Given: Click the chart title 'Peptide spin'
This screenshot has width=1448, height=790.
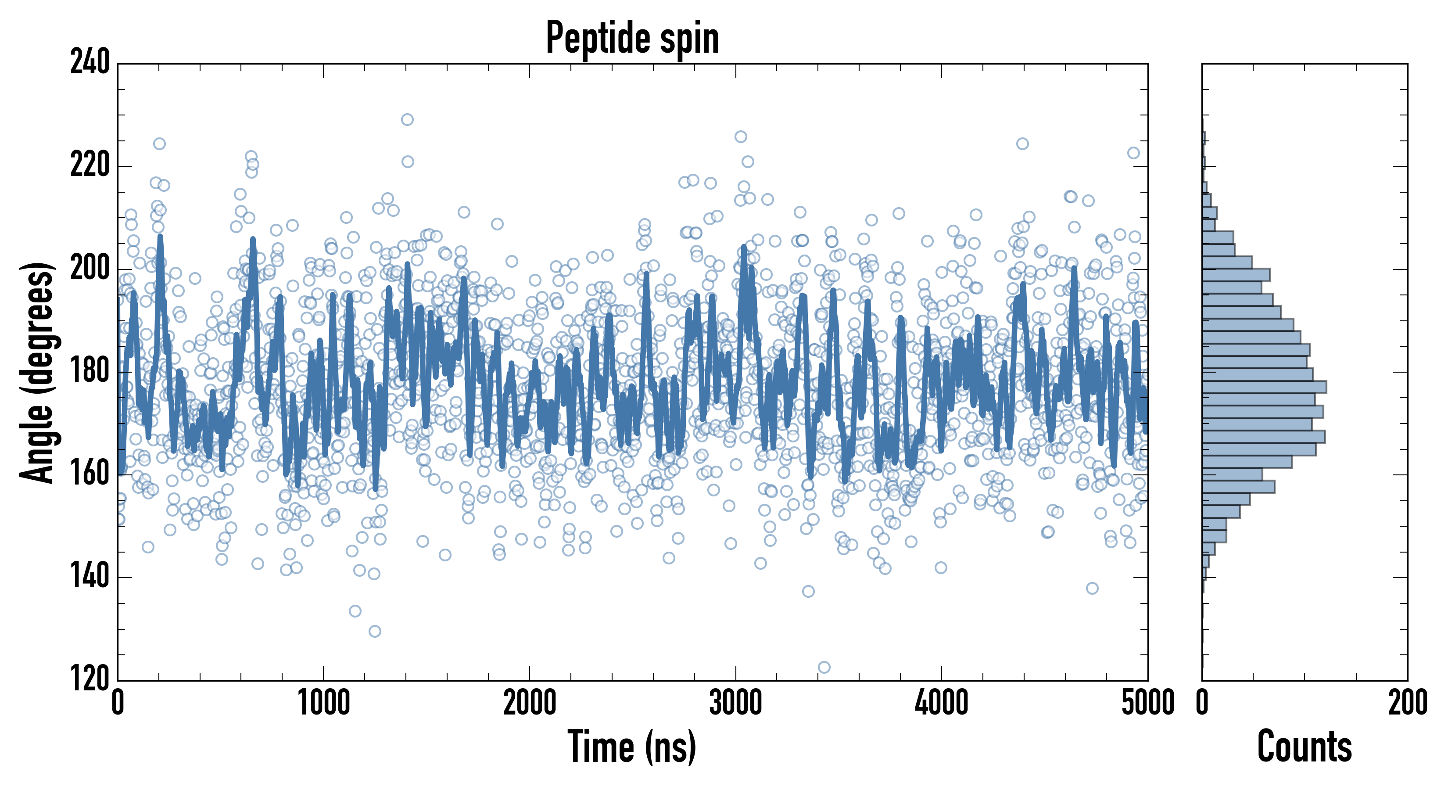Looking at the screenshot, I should [632, 38].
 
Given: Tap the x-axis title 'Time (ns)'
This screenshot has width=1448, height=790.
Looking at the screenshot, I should [632, 746].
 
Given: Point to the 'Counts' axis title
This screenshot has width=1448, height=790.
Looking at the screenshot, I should [1304, 746].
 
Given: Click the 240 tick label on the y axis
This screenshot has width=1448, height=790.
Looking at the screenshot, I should [90, 62].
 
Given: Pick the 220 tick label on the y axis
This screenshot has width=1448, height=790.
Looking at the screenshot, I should [90, 165].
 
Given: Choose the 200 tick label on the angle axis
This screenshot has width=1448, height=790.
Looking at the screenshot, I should [90, 268].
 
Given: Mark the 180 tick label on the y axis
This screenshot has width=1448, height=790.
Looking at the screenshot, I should [90, 371].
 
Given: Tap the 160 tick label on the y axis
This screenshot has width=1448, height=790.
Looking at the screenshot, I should [90, 474].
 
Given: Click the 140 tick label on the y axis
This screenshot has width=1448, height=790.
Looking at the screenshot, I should [90, 577].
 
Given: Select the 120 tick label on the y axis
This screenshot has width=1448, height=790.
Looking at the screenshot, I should [90, 679].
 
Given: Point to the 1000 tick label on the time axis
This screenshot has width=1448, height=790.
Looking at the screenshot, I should [323, 703].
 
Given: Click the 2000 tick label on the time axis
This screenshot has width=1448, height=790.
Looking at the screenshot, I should [530, 703].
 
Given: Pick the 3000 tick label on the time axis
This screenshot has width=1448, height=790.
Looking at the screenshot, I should [735, 703].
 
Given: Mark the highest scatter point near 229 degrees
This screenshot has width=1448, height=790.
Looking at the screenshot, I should [407, 120].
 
